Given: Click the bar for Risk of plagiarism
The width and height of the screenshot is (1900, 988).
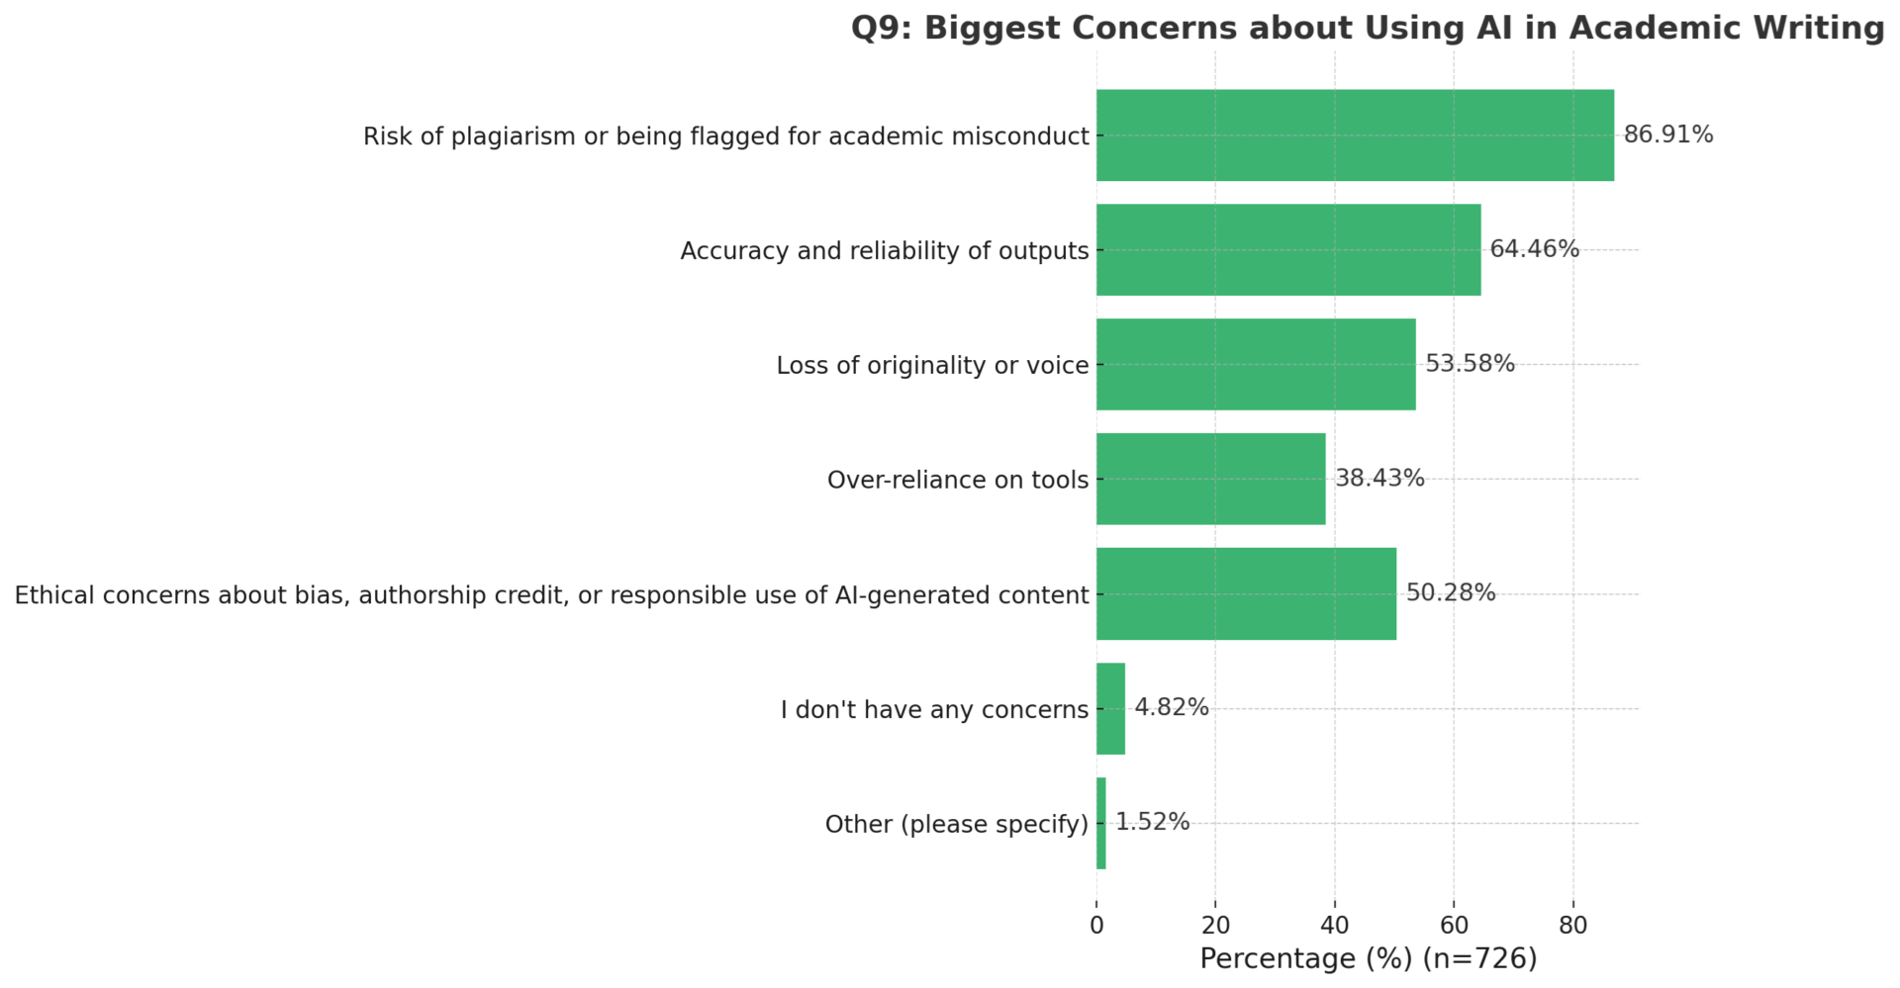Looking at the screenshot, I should click(1355, 135).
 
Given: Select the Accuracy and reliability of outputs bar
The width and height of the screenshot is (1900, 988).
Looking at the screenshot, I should click(1288, 250).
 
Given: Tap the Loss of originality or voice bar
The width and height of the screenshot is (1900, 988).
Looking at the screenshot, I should click(1256, 365).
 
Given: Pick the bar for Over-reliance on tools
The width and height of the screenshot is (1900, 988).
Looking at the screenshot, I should click(1210, 480).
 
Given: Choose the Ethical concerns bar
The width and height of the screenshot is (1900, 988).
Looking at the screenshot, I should click(1246, 594).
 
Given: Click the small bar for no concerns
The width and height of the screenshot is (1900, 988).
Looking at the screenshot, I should click(1110, 709).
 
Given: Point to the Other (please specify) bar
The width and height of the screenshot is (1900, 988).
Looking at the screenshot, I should click(1101, 824).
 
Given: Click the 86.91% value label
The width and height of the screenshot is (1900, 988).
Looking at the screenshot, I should click(1668, 135).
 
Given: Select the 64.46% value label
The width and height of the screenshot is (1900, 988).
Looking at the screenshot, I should click(1534, 249).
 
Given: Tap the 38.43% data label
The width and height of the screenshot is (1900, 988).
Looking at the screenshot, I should click(1379, 479).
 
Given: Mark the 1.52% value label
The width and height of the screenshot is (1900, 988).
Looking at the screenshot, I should click(1152, 823).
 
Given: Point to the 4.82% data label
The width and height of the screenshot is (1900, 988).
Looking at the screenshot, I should click(1172, 708).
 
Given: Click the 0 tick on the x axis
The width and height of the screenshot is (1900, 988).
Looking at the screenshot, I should click(1096, 926).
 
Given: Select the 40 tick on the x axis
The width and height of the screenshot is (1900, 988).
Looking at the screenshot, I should click(1335, 926).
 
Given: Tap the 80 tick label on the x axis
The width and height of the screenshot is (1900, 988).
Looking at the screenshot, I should click(1573, 926).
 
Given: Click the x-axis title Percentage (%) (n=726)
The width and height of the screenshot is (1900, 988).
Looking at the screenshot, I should click(1369, 958).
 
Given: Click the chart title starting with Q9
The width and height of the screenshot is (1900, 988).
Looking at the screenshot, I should click(1368, 28).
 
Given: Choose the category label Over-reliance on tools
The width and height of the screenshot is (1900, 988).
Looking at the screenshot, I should click(958, 481).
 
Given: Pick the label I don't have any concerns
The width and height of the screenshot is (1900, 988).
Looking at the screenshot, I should click(934, 710).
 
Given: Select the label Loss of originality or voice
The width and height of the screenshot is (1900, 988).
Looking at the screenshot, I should click(932, 366).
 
